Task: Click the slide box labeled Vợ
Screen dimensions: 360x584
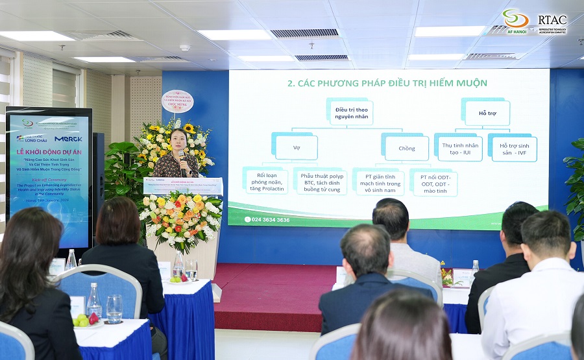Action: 296,147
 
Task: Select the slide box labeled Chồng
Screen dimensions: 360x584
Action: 406,148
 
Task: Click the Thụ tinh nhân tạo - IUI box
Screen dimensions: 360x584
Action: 459,147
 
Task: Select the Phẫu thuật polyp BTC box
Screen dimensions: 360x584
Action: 319,182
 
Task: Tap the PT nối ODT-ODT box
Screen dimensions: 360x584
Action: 433,182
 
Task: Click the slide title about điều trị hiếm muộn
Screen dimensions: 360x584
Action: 387,83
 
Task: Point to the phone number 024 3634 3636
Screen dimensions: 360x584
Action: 267,220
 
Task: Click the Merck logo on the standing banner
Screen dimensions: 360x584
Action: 67,139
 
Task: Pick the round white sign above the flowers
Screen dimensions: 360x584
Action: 177,101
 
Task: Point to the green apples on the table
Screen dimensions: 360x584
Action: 82,320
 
